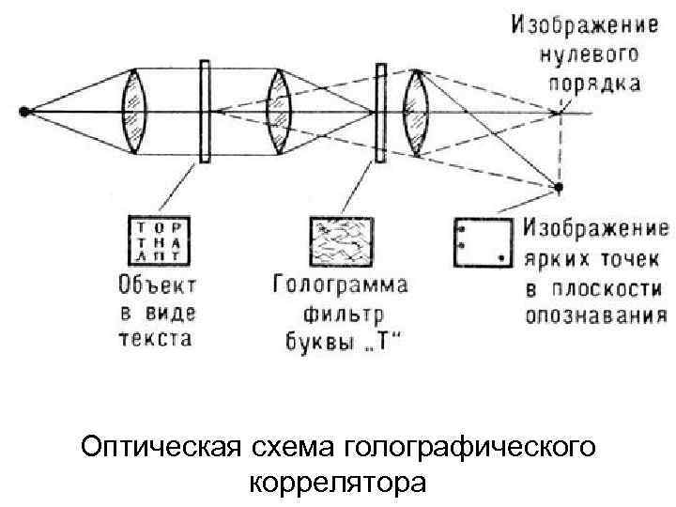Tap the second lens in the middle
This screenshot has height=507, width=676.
point(277,112)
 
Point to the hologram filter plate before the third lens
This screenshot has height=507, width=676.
point(380,112)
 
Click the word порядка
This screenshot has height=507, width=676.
point(593,84)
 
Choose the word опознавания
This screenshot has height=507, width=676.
point(595,315)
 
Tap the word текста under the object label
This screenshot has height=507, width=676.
point(155,338)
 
